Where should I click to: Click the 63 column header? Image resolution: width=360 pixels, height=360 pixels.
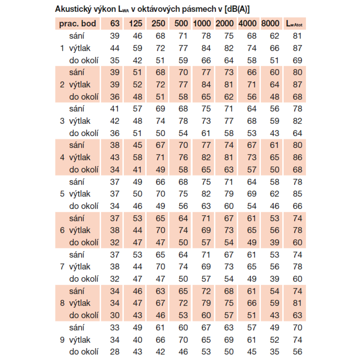click(x=114, y=24)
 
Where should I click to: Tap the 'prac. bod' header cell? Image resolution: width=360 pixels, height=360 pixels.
click(x=77, y=24)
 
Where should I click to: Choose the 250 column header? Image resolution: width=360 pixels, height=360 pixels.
click(x=158, y=24)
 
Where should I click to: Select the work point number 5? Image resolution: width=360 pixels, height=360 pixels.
click(x=62, y=194)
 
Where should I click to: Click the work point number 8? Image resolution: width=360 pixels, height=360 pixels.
click(x=62, y=303)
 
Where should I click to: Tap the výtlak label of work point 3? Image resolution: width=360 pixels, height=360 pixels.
click(x=80, y=121)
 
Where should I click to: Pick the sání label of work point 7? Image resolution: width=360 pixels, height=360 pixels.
click(x=77, y=255)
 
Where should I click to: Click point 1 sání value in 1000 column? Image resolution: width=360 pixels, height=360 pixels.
click(x=206, y=36)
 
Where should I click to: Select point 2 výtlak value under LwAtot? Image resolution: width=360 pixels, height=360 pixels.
click(x=297, y=85)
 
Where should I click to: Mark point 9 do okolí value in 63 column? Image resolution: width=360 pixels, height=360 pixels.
click(x=114, y=352)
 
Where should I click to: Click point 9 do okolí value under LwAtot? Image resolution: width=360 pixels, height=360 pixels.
click(x=297, y=352)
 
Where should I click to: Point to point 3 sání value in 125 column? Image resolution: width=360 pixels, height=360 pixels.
click(x=138, y=109)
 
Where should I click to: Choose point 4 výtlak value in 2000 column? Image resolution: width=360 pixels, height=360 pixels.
click(x=229, y=157)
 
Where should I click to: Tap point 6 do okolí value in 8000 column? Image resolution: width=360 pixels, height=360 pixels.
click(x=274, y=242)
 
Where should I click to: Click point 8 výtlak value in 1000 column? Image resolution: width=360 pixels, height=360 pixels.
click(x=206, y=303)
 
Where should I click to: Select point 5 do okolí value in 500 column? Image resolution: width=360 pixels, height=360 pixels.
click(x=183, y=206)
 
